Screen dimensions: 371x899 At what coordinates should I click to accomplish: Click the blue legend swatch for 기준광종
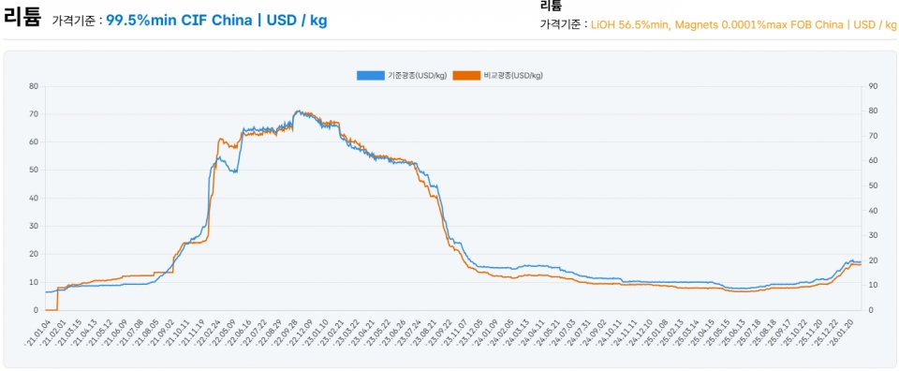[371, 75]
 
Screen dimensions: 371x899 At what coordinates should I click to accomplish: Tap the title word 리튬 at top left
[22, 16]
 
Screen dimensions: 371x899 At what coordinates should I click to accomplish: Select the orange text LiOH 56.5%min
[630, 24]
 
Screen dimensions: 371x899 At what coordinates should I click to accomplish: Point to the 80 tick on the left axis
[34, 86]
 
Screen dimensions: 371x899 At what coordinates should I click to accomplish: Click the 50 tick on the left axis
[34, 170]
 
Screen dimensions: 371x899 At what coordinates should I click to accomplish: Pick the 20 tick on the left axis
[34, 254]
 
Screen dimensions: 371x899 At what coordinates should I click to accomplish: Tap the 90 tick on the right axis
[873, 86]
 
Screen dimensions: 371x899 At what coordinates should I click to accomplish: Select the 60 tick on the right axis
[873, 160]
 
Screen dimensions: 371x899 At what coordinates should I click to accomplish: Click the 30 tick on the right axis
[873, 235]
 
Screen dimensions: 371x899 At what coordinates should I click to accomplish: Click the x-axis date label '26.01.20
[851, 332]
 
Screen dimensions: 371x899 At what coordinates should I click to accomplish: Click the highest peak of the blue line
[298, 111]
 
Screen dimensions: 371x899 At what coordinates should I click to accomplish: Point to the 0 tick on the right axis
[871, 310]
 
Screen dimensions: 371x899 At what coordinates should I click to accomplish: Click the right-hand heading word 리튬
[551, 6]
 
